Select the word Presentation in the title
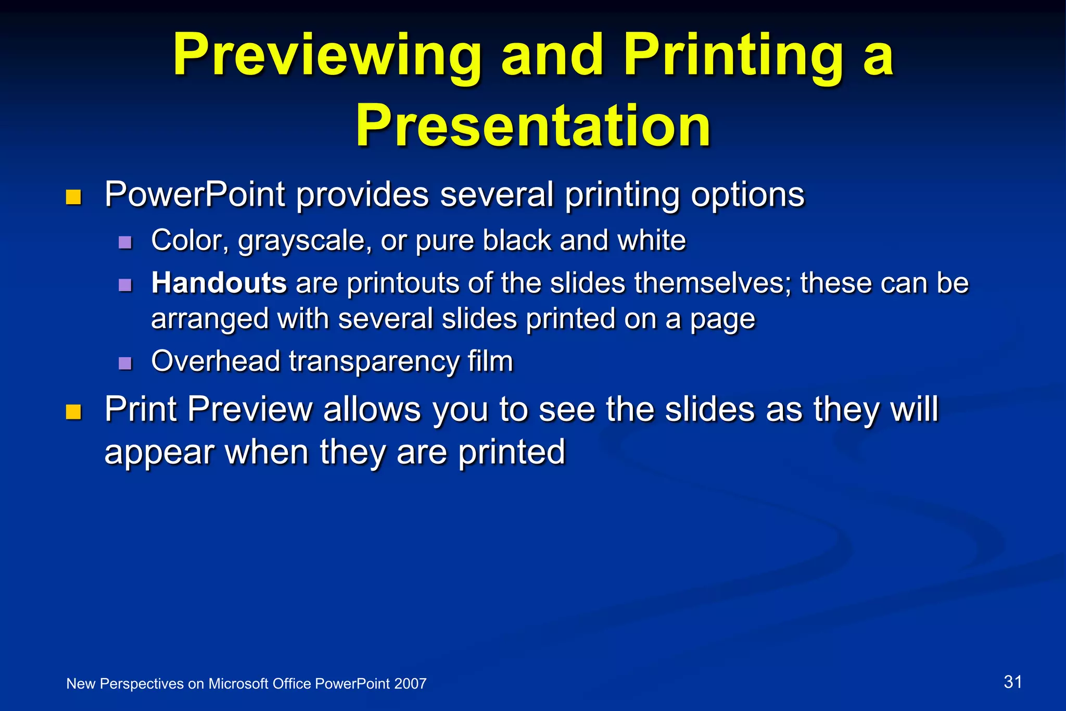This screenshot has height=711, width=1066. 533,126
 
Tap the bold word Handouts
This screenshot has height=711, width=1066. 219,283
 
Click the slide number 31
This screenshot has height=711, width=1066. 1012,682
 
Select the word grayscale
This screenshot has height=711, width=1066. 305,241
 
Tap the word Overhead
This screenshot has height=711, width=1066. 215,361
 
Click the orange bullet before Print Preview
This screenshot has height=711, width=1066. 74,412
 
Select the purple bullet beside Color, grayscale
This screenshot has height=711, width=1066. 125,242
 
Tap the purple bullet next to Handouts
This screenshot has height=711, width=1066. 125,285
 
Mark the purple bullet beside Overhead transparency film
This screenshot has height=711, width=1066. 125,363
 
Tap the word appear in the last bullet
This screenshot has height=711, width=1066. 159,452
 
